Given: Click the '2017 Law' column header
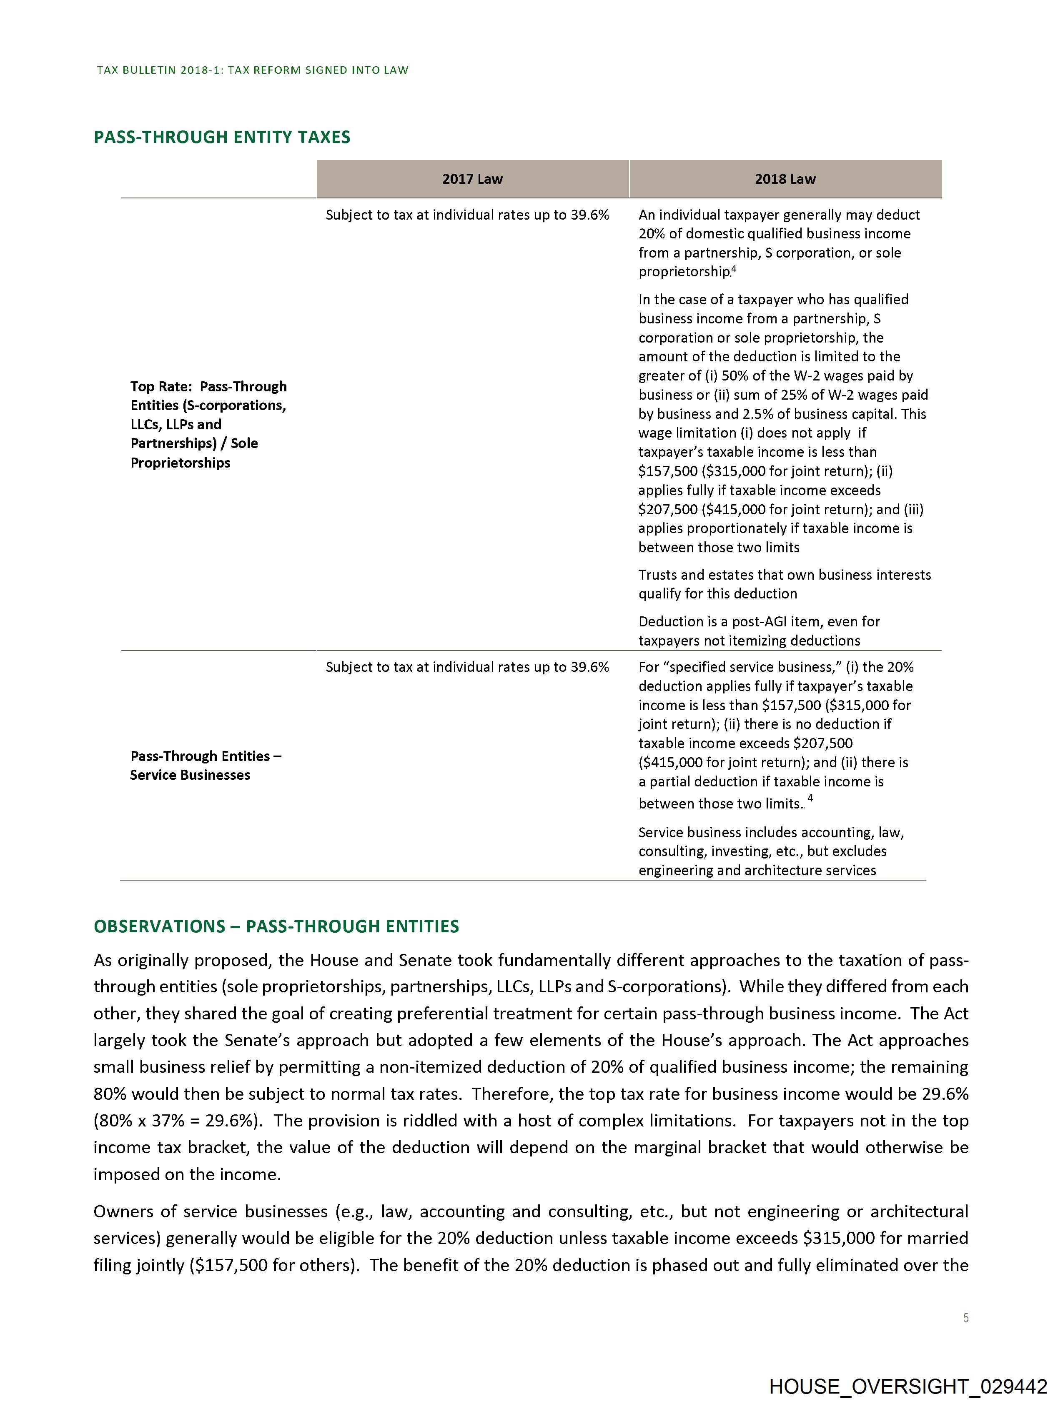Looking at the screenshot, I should coord(472,179).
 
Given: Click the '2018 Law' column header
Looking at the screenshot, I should coord(785,179).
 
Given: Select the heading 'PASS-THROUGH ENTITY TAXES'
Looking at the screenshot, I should coord(222,137).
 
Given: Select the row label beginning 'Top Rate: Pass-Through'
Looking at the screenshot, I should coord(208,424).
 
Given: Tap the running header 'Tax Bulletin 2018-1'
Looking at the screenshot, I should coord(252,70).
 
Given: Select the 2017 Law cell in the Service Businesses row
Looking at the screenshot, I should coord(467,667).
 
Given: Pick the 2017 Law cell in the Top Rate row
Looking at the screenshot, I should coord(467,215).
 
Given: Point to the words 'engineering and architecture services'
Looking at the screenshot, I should coord(757,870).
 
